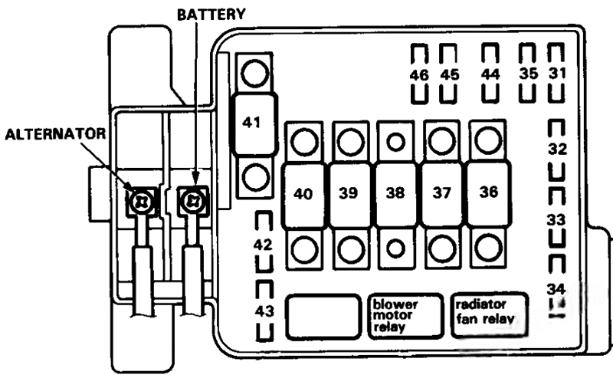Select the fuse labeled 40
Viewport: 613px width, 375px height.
coord(303,194)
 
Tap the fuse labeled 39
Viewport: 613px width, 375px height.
coord(349,194)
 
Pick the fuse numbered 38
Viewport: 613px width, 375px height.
coord(395,194)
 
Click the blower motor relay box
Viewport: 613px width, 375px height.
coord(404,315)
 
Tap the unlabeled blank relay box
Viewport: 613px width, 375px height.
coord(323,315)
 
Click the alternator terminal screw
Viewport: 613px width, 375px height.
coord(143,202)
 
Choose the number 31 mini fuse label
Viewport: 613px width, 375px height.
coord(557,74)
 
